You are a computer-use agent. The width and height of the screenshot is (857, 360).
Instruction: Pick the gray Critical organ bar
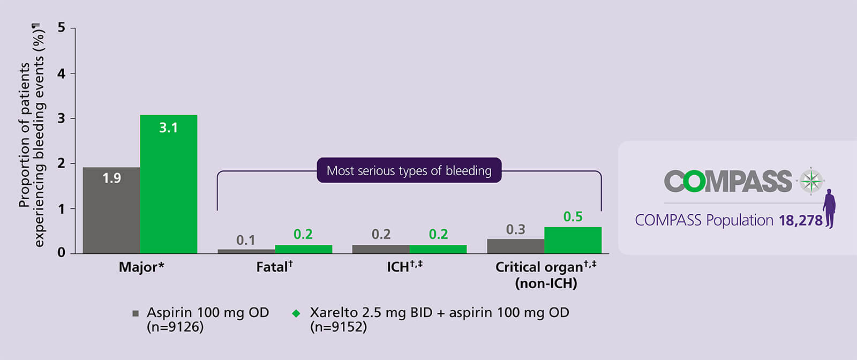(x=515, y=246)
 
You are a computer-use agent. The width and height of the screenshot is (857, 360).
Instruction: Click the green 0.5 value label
(x=573, y=217)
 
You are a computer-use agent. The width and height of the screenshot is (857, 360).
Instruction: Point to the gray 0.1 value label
(x=246, y=240)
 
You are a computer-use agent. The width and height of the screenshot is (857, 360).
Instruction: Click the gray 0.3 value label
(x=515, y=230)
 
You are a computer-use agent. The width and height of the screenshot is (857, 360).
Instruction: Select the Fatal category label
(x=274, y=267)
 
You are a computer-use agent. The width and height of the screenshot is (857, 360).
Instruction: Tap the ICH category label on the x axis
(x=404, y=267)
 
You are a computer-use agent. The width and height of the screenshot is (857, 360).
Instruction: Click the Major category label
(x=141, y=267)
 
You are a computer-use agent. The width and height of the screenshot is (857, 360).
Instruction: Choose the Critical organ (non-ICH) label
(x=545, y=275)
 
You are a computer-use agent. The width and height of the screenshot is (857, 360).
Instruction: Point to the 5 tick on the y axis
(x=62, y=28)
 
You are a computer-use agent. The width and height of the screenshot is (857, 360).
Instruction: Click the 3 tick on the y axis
(x=62, y=118)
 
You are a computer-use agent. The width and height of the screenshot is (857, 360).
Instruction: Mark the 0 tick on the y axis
(x=62, y=252)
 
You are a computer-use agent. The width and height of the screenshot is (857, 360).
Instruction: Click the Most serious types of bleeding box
(x=409, y=170)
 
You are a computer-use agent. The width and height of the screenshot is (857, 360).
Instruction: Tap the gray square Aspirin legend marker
(x=136, y=313)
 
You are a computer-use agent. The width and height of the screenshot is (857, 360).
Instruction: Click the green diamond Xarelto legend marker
(x=296, y=313)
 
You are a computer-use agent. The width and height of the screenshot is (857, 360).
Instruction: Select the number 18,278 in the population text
(x=800, y=221)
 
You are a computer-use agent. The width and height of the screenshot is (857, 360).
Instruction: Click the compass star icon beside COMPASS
(x=811, y=181)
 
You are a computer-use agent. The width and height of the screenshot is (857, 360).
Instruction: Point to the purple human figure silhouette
(x=829, y=208)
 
